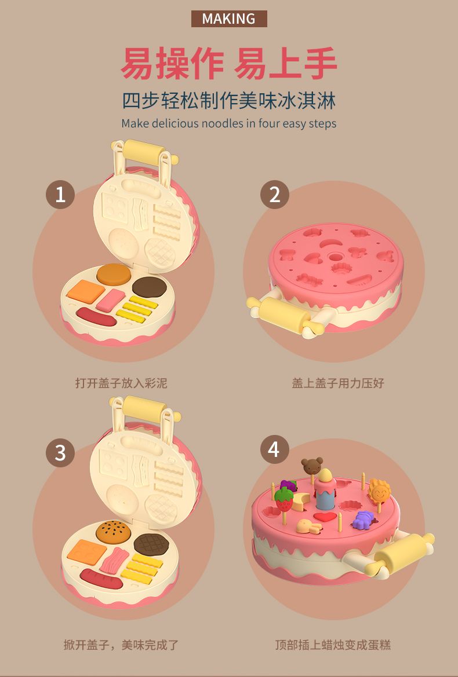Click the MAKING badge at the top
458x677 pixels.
tap(229, 19)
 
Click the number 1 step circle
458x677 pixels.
tap(60, 194)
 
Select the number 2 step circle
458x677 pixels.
tap(274, 194)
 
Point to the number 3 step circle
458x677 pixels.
tap(60, 452)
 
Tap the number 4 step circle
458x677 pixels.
tap(274, 449)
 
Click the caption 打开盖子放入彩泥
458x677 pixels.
tap(121, 383)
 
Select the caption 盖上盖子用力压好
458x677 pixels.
tap(338, 383)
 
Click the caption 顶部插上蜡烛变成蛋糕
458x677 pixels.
tap(333, 645)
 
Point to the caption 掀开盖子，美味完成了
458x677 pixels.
tap(121, 645)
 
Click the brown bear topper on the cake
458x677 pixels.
tap(312, 466)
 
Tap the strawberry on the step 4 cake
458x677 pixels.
tap(283, 500)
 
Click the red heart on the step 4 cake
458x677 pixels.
tap(325, 517)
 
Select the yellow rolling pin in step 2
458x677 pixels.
tap(286, 314)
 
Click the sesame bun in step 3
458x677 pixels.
tap(113, 532)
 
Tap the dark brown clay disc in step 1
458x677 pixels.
tap(149, 287)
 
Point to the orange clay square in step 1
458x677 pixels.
tap(86, 291)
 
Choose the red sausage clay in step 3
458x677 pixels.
tap(101, 579)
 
